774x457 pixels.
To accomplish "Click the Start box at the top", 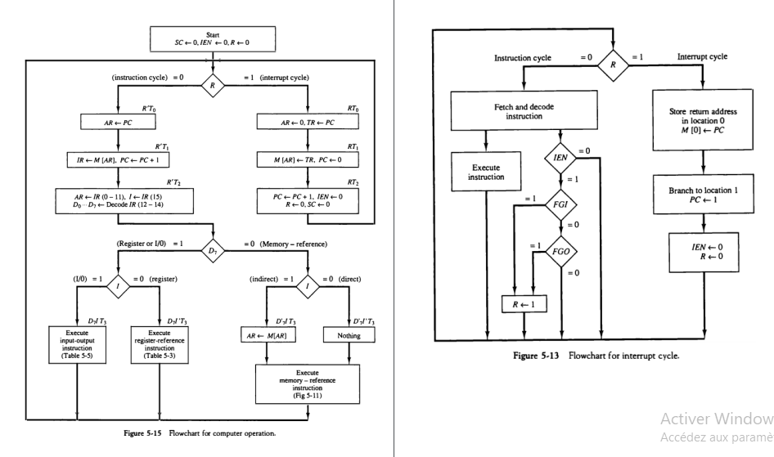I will (216, 38).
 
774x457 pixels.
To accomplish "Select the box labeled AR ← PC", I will (119, 123).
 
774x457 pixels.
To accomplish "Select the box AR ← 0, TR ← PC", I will (307, 123).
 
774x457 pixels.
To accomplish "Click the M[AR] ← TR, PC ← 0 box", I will (307, 159).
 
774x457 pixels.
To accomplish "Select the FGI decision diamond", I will (560, 205).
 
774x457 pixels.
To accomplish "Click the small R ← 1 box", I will (524, 304).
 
